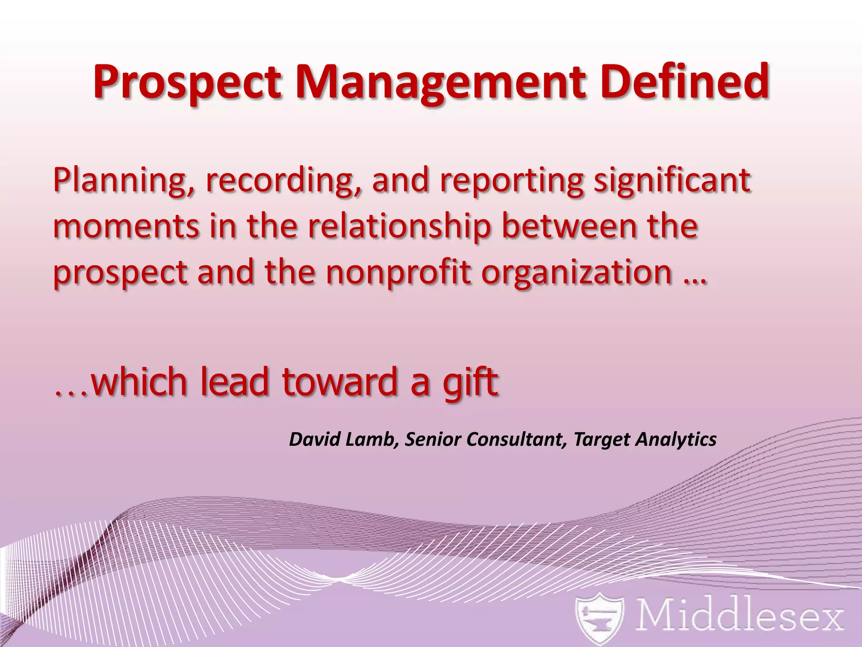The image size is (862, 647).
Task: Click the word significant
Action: tap(672, 180)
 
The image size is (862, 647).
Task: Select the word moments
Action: tap(126, 227)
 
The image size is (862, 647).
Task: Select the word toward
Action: tap(339, 382)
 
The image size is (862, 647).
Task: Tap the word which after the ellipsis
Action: tap(139, 382)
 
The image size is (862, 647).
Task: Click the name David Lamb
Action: tap(343, 440)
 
